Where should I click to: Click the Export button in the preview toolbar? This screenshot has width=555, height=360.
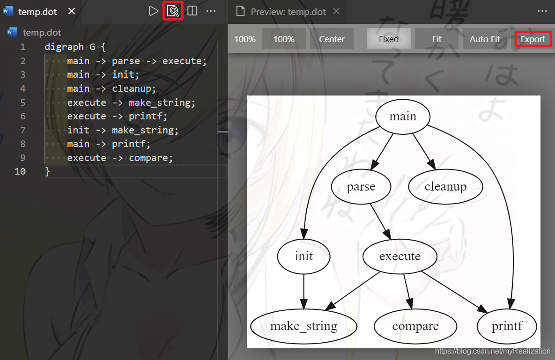533,39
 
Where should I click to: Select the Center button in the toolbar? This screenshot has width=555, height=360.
332,39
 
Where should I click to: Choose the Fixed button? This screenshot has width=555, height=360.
388,39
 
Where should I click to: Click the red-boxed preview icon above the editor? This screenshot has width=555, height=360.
173,11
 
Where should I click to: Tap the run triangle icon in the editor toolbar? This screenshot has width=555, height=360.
153,11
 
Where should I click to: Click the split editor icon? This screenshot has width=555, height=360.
192,11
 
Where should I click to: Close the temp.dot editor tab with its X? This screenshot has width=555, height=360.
72,11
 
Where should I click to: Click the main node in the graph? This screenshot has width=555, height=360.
403,117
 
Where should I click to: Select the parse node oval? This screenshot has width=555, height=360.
361,187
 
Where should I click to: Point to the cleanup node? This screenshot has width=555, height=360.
445,187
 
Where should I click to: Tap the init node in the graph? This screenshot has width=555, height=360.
303,257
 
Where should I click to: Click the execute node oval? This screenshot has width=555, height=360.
400,257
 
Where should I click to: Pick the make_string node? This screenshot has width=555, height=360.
303,326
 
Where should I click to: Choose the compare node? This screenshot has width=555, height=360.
415,326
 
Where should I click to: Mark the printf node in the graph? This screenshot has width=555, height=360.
507,326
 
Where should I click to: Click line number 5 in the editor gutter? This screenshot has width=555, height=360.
23,103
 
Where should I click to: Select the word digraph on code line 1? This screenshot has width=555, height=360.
64,47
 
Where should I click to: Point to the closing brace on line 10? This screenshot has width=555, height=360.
47,172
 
